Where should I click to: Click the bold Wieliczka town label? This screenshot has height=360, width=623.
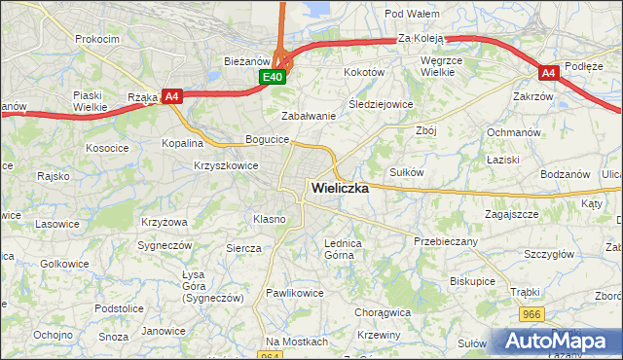pos(339,189)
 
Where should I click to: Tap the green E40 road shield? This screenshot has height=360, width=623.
pos(273,77)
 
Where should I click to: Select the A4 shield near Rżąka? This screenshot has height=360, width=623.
pos(171,95)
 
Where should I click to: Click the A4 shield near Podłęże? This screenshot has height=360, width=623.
pos(549,72)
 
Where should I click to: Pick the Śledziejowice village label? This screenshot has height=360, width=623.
pos(381,103)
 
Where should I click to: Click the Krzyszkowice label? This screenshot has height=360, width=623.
pos(226,165)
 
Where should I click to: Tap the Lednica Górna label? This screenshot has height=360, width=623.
pos(343,249)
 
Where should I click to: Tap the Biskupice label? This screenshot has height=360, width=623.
pos(473,280)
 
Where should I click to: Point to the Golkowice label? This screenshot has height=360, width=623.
pos(65,264)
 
